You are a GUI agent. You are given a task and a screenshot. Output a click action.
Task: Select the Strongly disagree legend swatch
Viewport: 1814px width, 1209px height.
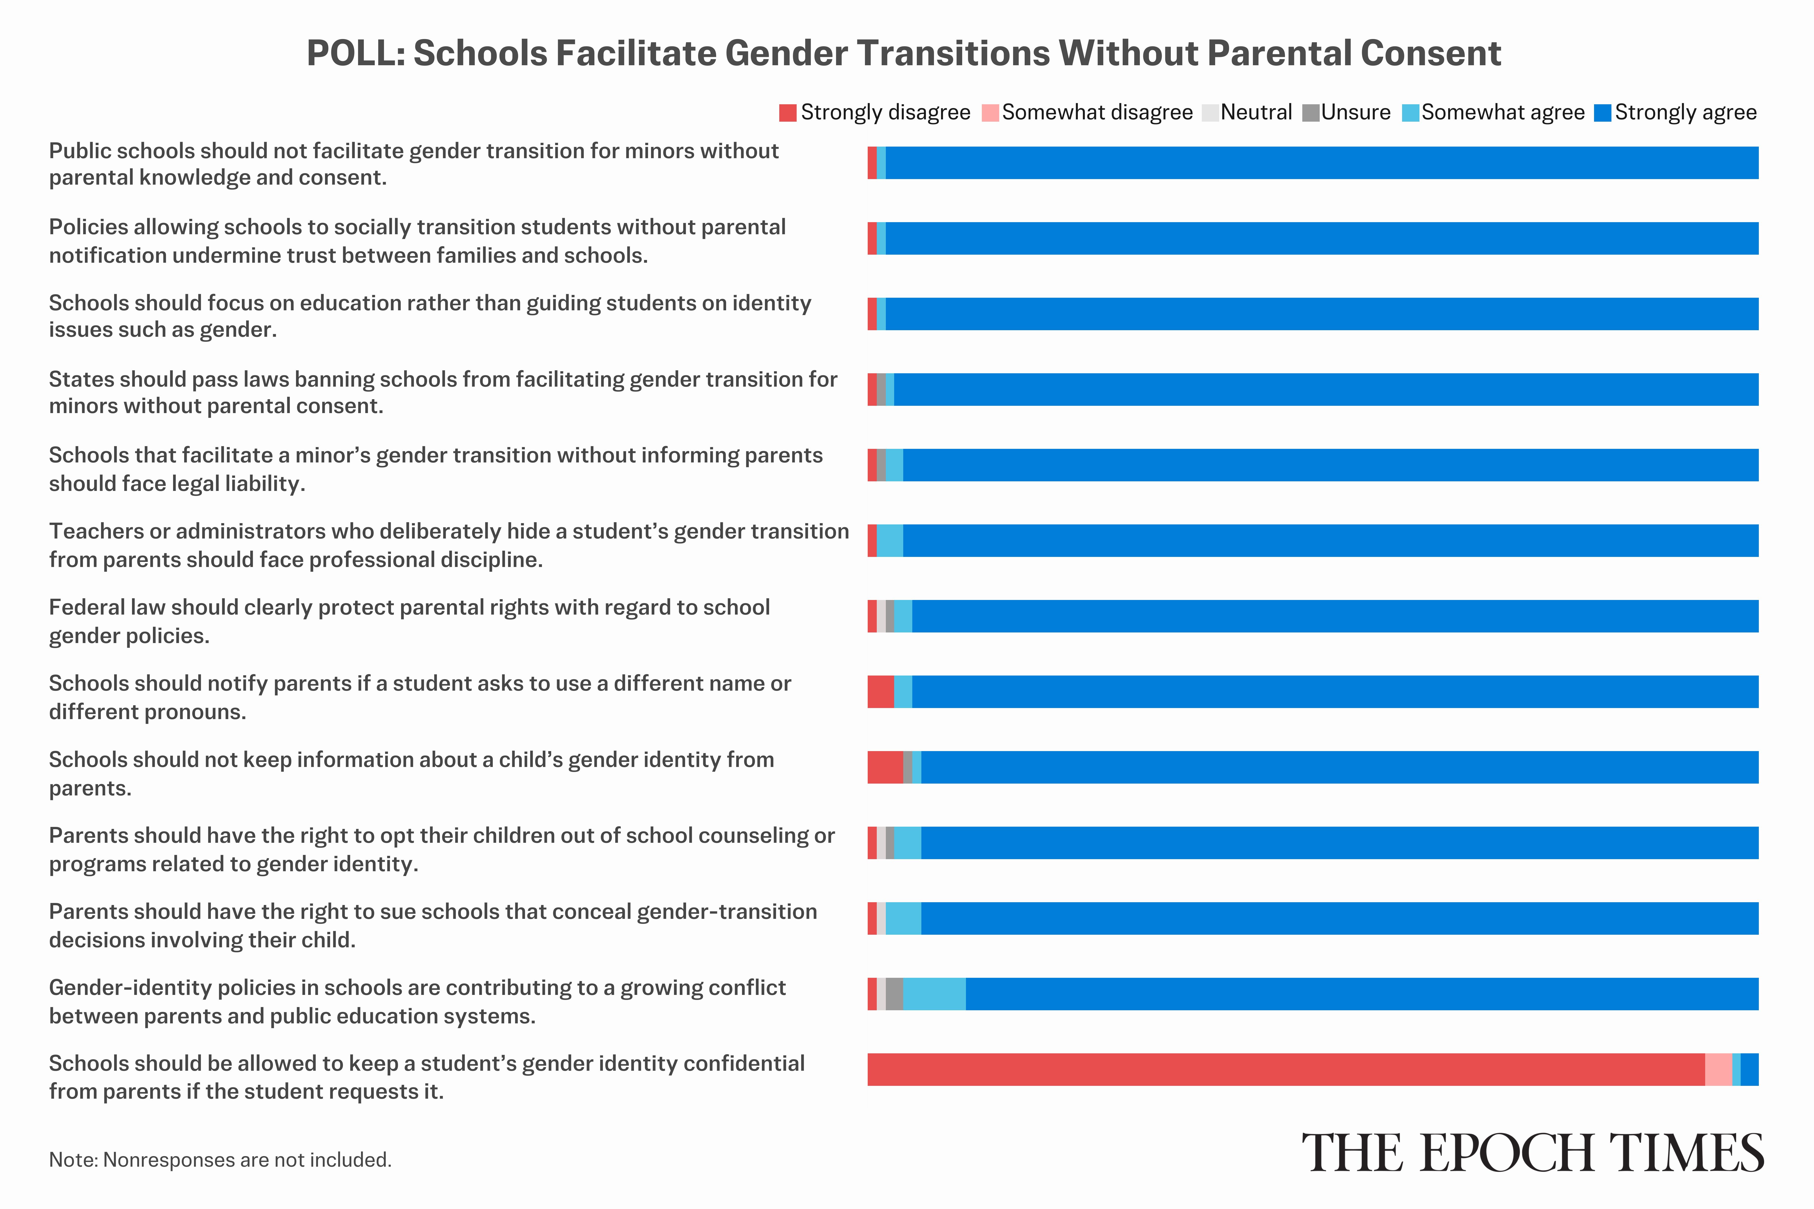[788, 113]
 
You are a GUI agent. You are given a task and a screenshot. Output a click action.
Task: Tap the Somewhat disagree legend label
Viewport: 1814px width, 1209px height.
[1097, 113]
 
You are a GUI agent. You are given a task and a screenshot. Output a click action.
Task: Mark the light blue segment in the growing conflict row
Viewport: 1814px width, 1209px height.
[934, 994]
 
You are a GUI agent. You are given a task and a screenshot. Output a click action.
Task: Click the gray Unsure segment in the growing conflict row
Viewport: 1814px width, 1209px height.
[894, 994]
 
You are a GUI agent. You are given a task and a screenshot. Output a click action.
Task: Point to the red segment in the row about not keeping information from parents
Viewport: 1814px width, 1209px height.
[885, 767]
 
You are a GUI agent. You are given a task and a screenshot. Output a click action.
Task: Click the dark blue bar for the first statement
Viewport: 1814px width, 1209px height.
[1322, 163]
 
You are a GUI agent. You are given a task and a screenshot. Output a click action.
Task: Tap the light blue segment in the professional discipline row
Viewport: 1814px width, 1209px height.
[890, 541]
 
